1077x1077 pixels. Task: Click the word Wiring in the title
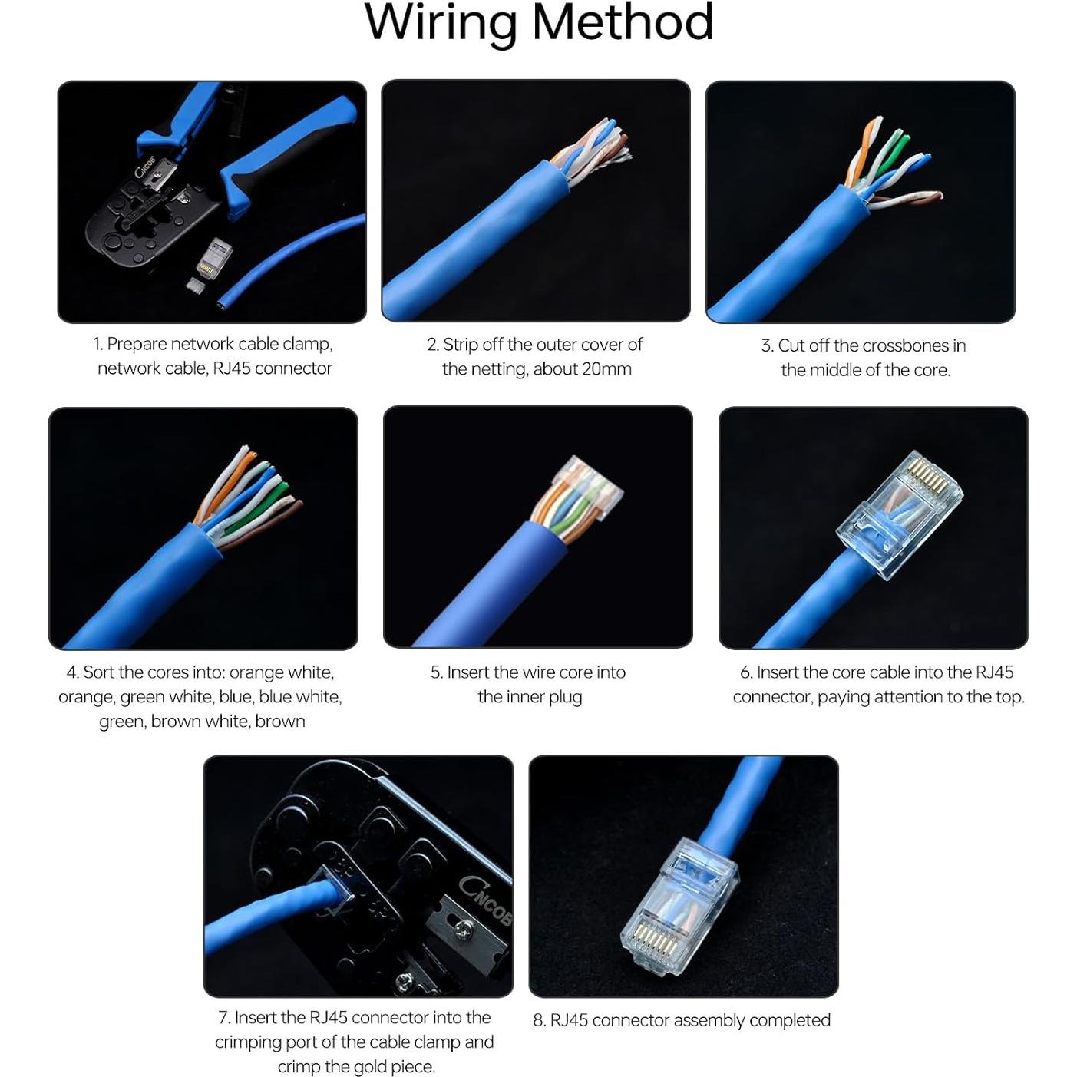click(x=441, y=23)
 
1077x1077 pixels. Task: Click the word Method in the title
click(x=623, y=23)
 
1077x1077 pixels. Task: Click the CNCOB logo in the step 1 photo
click(x=146, y=167)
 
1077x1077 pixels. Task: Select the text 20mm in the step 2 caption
click(x=606, y=369)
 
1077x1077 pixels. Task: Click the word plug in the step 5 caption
click(x=565, y=697)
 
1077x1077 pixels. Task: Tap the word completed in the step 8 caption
click(x=790, y=1020)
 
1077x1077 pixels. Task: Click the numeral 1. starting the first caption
click(x=97, y=344)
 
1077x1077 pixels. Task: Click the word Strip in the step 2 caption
click(x=461, y=345)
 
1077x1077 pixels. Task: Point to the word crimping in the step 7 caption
click(x=247, y=1042)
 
